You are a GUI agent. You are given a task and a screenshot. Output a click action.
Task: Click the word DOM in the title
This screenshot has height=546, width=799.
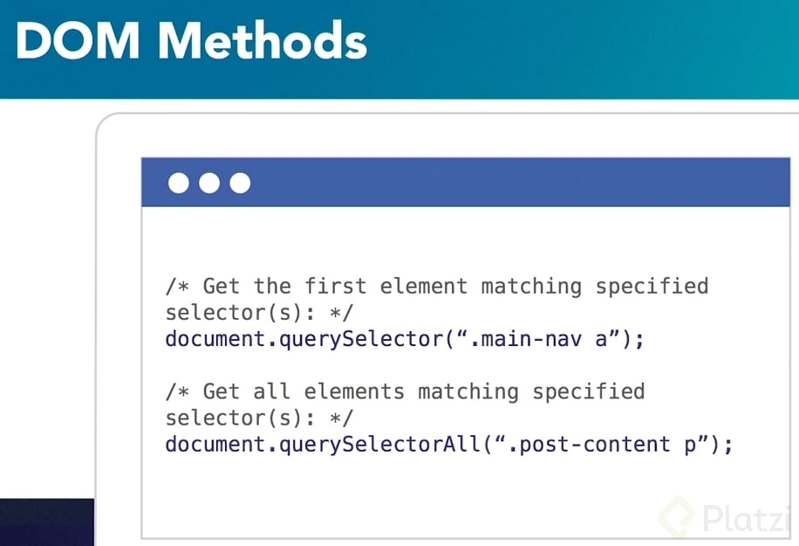(78, 41)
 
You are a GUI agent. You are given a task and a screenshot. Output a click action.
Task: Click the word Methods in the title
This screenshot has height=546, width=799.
(263, 40)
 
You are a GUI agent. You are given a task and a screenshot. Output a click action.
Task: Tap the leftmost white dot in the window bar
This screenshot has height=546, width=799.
(178, 183)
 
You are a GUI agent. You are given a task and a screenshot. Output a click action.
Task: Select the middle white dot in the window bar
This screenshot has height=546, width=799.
(209, 183)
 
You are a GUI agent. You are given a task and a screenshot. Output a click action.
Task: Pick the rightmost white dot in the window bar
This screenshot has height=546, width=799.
(240, 183)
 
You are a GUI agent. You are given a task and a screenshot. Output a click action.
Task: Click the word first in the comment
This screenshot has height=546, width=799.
(335, 286)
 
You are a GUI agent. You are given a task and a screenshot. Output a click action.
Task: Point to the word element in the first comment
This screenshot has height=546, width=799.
(424, 286)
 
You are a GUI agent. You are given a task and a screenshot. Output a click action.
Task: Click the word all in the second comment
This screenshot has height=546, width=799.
(271, 391)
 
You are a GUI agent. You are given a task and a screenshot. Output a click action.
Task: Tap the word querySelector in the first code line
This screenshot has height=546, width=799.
(362, 339)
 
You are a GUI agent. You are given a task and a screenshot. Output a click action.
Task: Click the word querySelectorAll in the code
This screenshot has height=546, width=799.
(380, 445)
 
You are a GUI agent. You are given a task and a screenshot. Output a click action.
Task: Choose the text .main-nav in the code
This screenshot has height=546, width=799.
(526, 339)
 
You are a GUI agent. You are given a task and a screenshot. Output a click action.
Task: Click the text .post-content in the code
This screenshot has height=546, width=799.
(590, 445)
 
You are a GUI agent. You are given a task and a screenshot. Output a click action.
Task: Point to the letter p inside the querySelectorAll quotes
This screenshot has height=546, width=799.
(690, 446)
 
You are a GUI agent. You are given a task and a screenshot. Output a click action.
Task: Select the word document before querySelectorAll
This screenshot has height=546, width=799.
(215, 445)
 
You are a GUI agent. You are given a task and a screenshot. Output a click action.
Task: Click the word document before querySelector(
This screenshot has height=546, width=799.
(215, 339)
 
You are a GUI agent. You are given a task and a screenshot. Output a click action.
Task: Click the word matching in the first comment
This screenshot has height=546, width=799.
(531, 287)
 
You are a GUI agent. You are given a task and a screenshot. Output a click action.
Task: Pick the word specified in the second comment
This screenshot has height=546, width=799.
(589, 392)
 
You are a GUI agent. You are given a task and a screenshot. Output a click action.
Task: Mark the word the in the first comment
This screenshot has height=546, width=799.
(272, 286)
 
